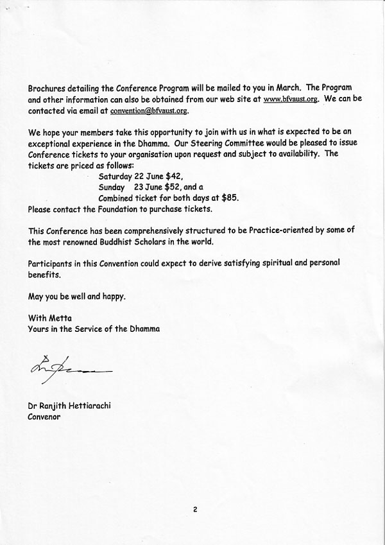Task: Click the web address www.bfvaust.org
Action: pyautogui.click(x=291, y=99)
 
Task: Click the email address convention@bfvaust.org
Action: pyautogui.click(x=150, y=110)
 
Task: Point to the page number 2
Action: pyautogui.click(x=193, y=511)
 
